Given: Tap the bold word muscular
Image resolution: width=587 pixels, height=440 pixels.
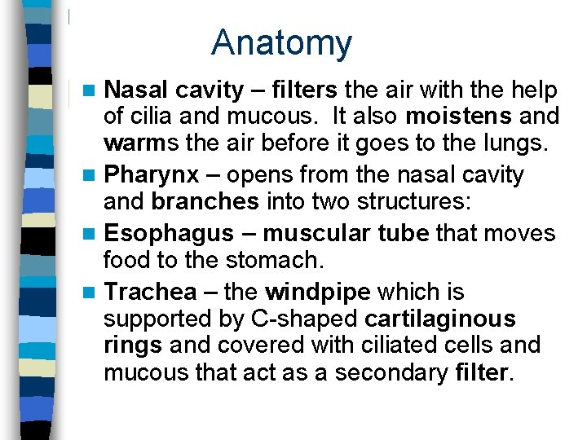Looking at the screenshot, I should pos(318,234).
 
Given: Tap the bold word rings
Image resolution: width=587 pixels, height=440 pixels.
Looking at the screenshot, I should pos(134,345).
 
